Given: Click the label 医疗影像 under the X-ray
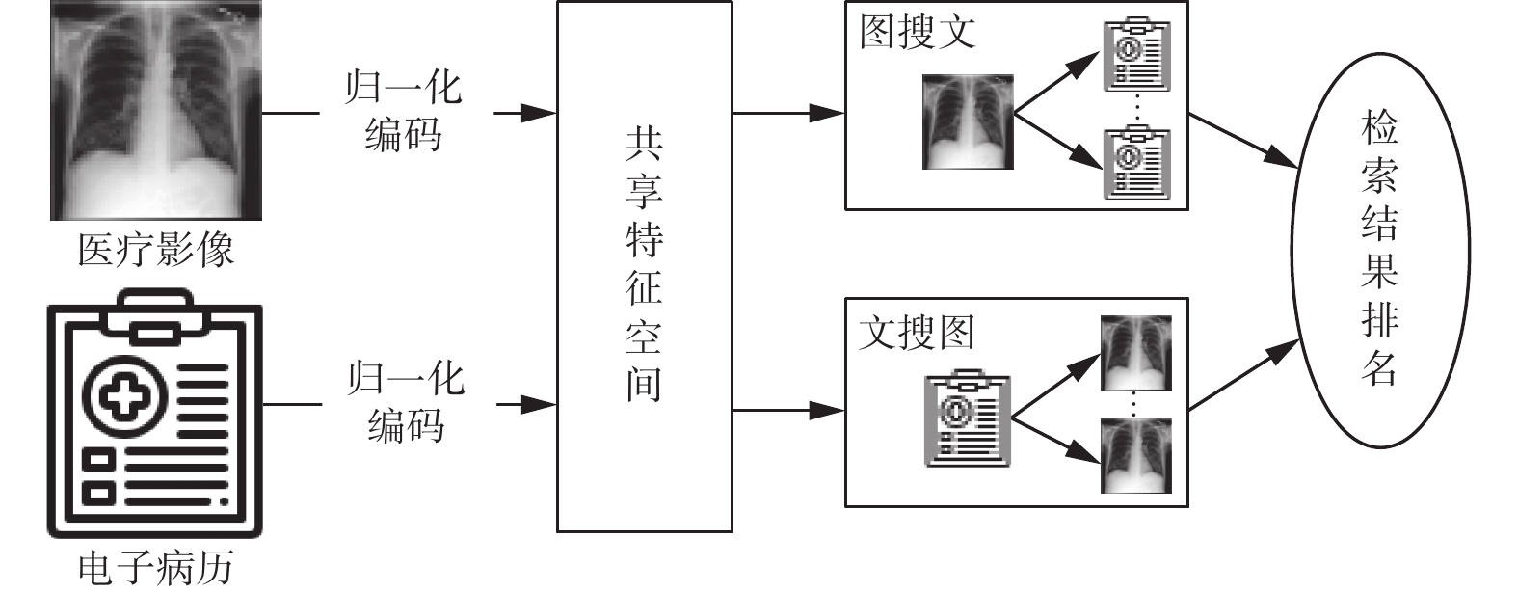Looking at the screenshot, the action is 156,250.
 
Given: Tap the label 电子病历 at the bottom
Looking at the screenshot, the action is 156,568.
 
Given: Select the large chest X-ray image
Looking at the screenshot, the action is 156,111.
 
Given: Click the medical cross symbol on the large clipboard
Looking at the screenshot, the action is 124,395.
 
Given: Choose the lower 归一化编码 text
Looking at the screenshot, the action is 406,402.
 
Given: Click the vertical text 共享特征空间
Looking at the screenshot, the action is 644,266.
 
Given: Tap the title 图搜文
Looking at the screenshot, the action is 918,32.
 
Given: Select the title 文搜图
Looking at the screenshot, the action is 917,333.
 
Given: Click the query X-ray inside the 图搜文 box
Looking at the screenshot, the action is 968,122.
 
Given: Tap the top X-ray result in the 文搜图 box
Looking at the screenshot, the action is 1135,352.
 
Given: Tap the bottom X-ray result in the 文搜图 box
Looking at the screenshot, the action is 1135,455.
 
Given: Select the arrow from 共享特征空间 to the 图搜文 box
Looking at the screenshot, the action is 788,113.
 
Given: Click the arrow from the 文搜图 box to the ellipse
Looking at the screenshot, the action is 1243,375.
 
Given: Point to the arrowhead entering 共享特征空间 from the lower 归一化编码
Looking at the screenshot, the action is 540,405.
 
